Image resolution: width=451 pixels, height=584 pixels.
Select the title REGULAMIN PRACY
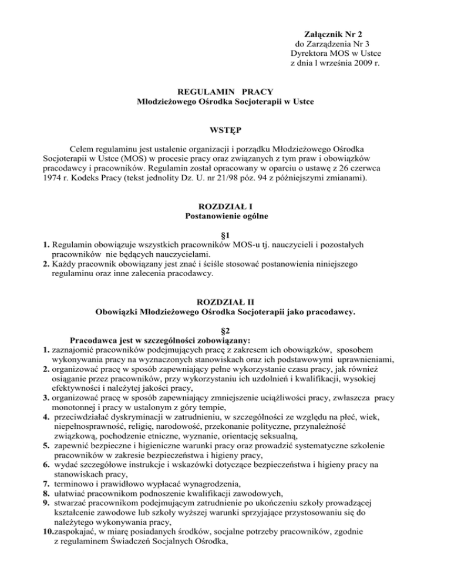click(x=225, y=91)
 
